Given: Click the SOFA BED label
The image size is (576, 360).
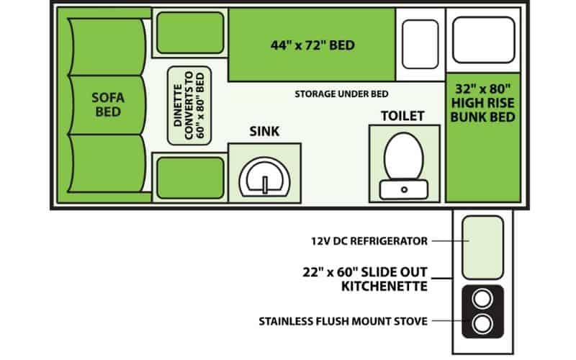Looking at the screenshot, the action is pyautogui.click(x=108, y=104).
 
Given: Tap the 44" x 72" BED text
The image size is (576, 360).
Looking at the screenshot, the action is pyautogui.click(x=312, y=45).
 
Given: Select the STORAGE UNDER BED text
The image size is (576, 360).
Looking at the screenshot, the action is pyautogui.click(x=341, y=94).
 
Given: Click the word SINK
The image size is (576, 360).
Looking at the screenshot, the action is pyautogui.click(x=264, y=131).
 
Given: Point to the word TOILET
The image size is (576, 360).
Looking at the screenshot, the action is pyautogui.click(x=402, y=116).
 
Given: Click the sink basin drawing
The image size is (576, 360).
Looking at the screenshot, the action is pyautogui.click(x=264, y=177).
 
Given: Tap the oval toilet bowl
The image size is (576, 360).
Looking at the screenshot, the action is pyautogui.click(x=403, y=156).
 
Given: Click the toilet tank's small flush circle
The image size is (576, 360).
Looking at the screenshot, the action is pyautogui.click(x=404, y=190).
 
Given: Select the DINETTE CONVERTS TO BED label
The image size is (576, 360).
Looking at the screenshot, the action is pyautogui.click(x=189, y=105).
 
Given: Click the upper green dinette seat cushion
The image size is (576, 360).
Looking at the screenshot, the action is pyautogui.click(x=190, y=32).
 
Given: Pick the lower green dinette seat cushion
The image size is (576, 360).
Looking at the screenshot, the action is pyautogui.click(x=190, y=178).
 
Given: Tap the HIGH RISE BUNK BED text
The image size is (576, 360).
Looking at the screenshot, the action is pyautogui.click(x=482, y=103).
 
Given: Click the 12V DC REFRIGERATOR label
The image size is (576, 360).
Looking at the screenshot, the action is pyautogui.click(x=369, y=241).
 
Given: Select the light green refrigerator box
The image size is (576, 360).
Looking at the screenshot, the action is pyautogui.click(x=482, y=248).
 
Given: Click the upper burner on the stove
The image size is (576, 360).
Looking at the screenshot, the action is pyautogui.click(x=482, y=298).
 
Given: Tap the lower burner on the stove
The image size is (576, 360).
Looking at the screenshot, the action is pyautogui.click(x=482, y=324).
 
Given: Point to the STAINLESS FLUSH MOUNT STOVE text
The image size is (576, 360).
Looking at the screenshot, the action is pyautogui.click(x=343, y=321).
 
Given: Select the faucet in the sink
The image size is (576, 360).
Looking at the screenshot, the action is pyautogui.click(x=264, y=184).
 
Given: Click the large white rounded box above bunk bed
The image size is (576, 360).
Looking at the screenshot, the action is pyautogui.click(x=483, y=40).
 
